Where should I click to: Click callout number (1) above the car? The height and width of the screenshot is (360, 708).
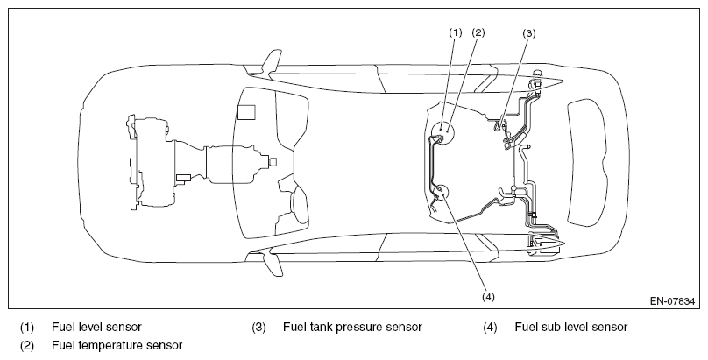point(456,32)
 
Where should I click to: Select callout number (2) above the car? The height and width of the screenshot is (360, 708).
point(478,32)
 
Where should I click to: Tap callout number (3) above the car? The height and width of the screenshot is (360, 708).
point(528,33)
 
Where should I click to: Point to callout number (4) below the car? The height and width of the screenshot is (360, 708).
point(488,297)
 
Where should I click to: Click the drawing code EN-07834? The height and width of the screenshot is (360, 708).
point(672,301)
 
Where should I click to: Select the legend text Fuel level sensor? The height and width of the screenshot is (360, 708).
point(96,327)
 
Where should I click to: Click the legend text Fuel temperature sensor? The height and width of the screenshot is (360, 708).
point(117,346)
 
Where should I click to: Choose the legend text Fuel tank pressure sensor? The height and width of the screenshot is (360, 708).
point(352,327)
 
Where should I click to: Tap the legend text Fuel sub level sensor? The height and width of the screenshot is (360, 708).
point(571,327)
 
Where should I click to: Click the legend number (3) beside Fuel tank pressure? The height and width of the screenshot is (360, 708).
point(258,327)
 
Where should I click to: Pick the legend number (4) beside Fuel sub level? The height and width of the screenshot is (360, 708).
point(490,327)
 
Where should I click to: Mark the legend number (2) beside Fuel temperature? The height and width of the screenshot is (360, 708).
point(27,346)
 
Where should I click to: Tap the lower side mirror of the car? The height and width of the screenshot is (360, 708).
point(273,265)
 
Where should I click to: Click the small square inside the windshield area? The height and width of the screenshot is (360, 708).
point(246,112)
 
